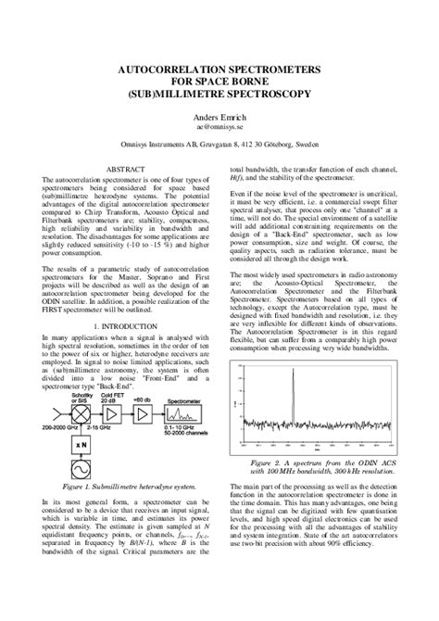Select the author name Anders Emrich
pos(219,119)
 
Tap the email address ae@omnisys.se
pos(219,131)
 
